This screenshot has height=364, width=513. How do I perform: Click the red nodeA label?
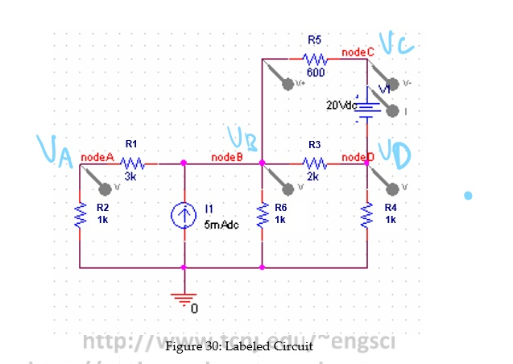96,157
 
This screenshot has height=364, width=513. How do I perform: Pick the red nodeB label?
226,157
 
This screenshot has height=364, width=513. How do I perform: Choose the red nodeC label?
358,52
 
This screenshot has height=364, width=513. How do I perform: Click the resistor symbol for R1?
130,164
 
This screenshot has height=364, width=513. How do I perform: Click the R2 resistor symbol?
81,215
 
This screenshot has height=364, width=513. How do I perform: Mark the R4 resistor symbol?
367,215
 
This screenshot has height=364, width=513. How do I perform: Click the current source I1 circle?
184,215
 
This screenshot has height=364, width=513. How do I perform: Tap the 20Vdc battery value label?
341,105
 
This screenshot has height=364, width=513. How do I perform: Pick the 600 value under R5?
315,72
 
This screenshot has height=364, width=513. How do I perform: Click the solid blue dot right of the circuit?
468,196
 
